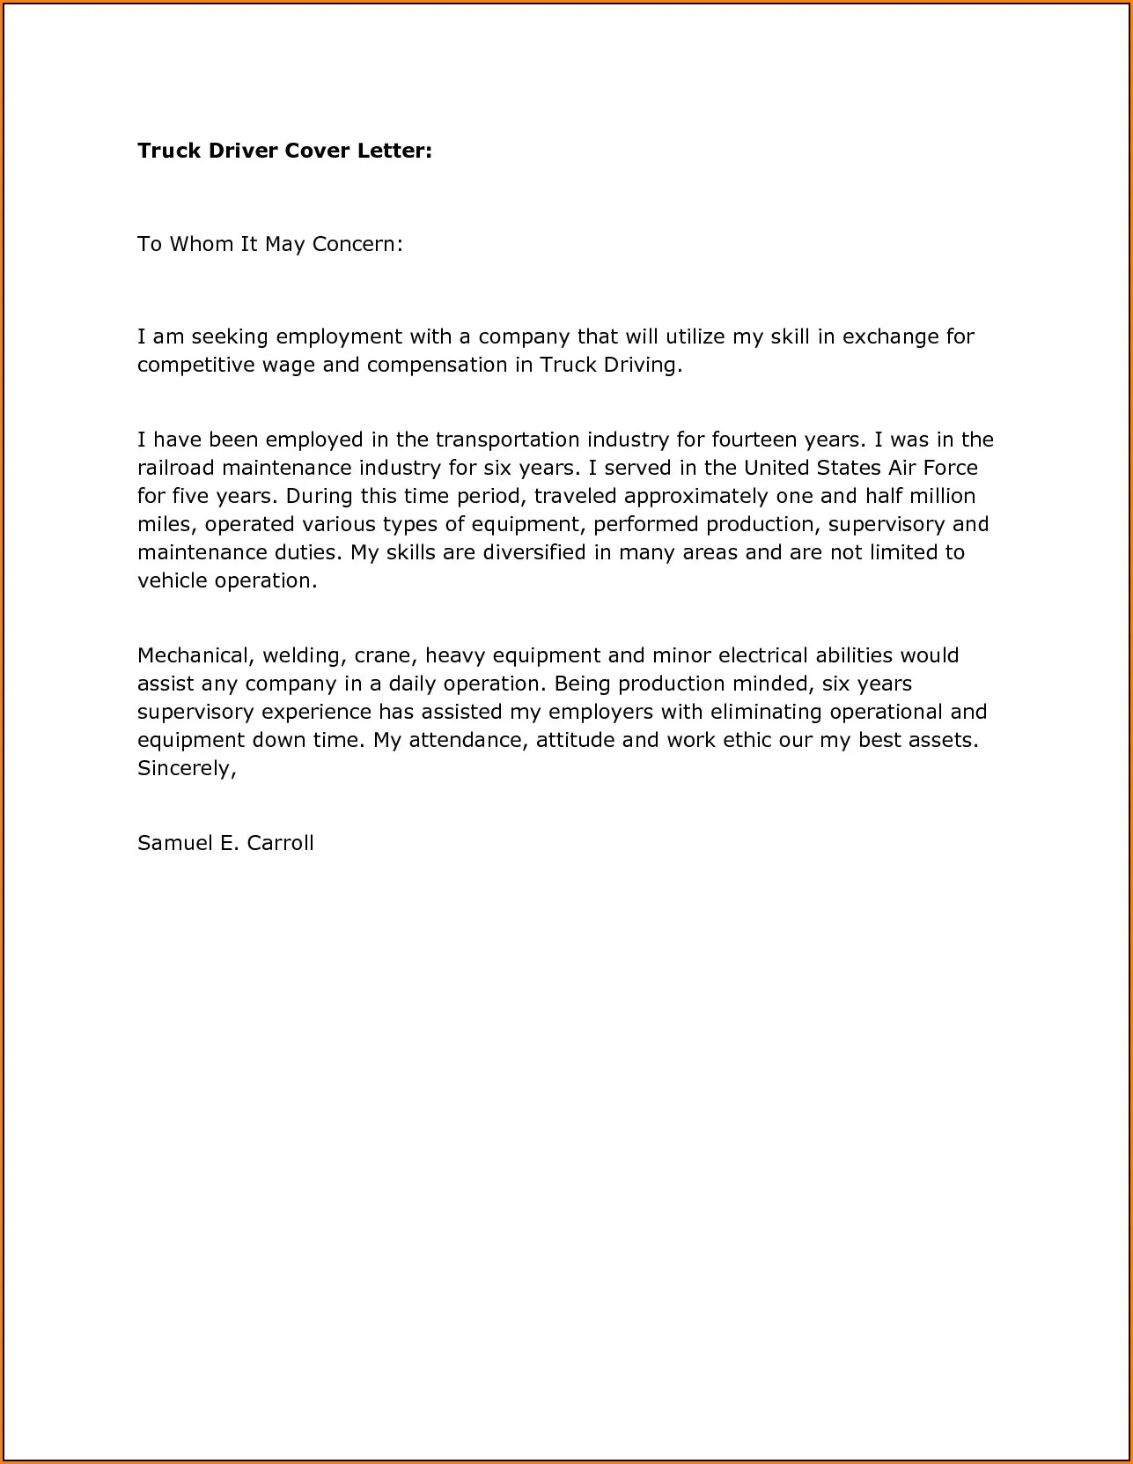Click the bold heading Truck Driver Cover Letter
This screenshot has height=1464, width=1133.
point(284,151)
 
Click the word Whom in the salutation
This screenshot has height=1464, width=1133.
point(201,244)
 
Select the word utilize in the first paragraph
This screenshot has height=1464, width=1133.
point(695,336)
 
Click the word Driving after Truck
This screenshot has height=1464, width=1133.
point(641,365)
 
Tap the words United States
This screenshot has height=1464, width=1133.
point(812,468)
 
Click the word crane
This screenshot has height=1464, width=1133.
point(382,655)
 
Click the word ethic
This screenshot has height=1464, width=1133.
point(747,740)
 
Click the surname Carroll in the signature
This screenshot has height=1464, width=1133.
point(280,843)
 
